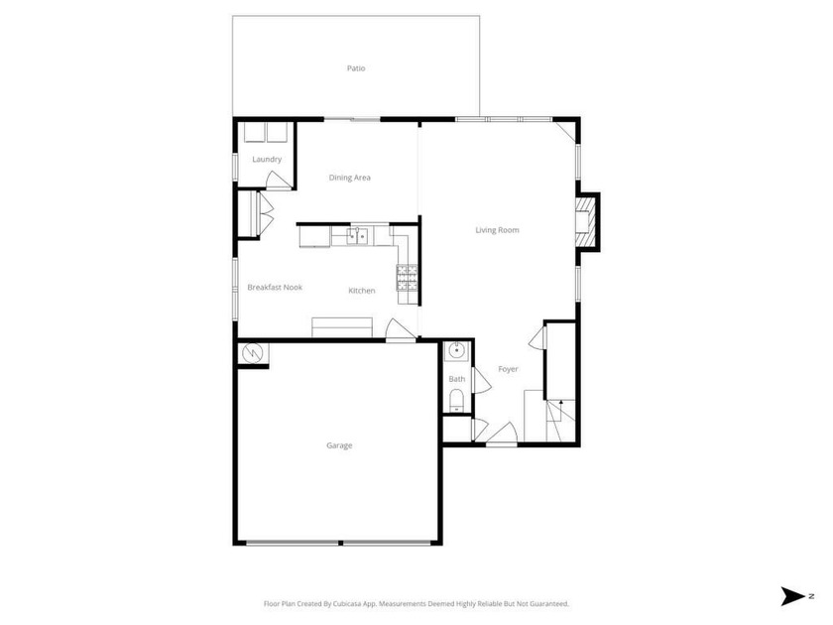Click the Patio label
(x=356, y=68)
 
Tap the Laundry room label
(x=267, y=159)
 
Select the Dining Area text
(x=350, y=178)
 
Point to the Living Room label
(x=497, y=230)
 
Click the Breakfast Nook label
(x=275, y=288)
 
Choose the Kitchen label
(x=362, y=291)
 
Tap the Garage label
(x=339, y=445)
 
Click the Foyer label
(x=508, y=370)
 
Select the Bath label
(x=457, y=379)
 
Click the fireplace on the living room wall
(x=588, y=220)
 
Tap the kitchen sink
(x=358, y=236)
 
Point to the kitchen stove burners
(x=408, y=283)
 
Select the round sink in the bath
(x=457, y=350)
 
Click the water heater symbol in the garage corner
(x=252, y=352)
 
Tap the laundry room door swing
(x=281, y=180)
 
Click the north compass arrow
(x=794, y=595)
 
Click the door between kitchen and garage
(x=401, y=331)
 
